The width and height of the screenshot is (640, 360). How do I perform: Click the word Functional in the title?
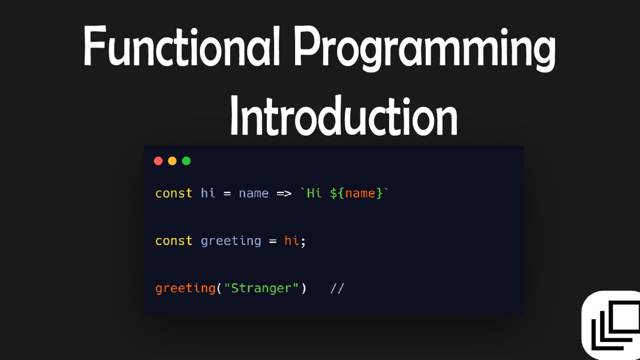coord(182,46)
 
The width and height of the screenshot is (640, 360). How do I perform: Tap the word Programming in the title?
coord(425,48)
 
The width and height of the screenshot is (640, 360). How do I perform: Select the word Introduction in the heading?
coord(344,116)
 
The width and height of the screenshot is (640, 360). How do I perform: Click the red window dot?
coord(158,161)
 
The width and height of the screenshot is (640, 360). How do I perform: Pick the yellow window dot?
coord(172,161)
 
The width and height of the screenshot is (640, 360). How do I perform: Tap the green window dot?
coord(186,161)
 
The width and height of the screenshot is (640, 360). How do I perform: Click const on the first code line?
coord(174,194)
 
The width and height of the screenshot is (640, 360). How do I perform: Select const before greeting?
coord(174,241)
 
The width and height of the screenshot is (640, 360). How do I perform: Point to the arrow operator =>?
coord(284,194)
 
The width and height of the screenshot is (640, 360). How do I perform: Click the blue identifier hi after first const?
coord(208,193)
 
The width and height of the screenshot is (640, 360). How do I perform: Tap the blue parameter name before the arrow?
coord(254,194)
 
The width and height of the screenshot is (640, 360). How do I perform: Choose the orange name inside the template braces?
coord(360,194)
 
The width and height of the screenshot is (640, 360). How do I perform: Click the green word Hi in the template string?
coord(314,193)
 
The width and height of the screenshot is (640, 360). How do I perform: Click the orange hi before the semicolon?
coord(292,241)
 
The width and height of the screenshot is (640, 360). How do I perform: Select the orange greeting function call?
coord(186,288)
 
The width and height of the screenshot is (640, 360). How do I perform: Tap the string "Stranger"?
coord(262,288)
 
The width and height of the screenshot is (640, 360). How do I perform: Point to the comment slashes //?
coord(337,288)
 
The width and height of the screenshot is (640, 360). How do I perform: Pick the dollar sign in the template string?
coord(334,194)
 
